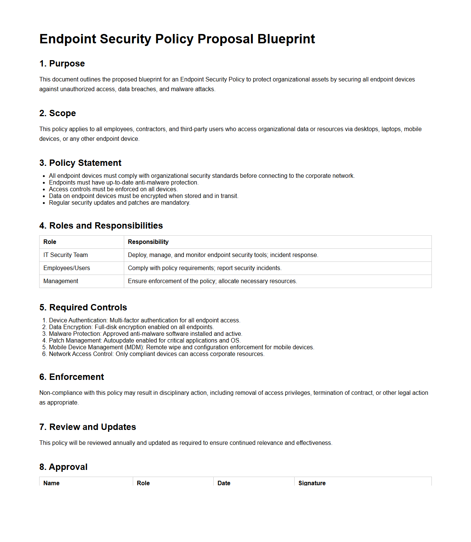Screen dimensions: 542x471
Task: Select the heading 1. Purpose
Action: pos(62,64)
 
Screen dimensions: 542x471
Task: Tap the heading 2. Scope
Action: pos(57,113)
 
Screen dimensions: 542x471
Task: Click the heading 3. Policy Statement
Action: pos(80,163)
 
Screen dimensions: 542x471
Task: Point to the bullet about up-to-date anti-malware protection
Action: pos(123,183)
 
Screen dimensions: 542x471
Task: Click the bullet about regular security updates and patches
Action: pos(119,203)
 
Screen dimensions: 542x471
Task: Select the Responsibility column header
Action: pos(148,242)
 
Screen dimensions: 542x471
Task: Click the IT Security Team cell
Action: pos(66,255)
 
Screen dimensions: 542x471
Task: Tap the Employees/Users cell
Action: pos(66,268)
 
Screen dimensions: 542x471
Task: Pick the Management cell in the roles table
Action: pos(61,281)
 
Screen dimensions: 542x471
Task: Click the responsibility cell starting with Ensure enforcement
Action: pos(212,281)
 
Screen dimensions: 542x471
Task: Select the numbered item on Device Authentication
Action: pos(144,320)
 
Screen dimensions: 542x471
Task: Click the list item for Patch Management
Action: pos(145,341)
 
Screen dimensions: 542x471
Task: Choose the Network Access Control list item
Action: pos(157,354)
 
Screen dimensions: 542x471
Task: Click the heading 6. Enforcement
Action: pos(72,377)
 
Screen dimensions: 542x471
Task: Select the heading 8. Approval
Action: pos(63,467)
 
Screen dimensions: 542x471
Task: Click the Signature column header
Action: pos(312,483)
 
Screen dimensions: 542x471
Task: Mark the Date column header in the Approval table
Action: pos(224,483)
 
